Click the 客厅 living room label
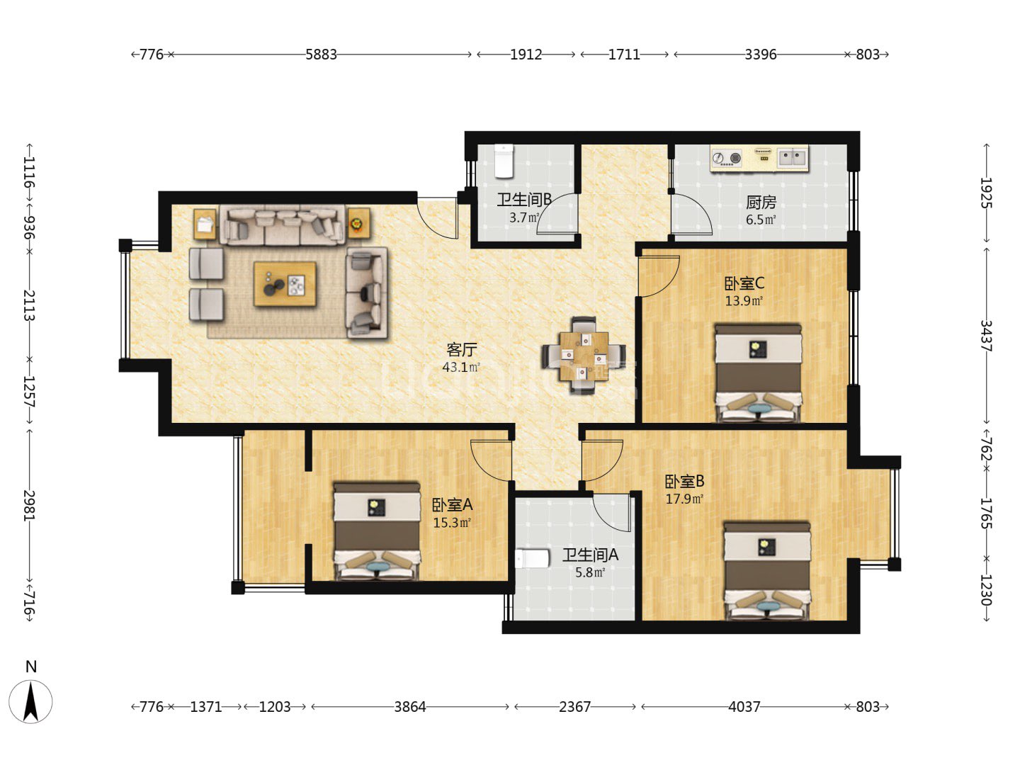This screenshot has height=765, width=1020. tap(461, 350)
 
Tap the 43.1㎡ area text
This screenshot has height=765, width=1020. tap(461, 368)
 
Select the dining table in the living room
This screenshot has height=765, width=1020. tap(584, 356)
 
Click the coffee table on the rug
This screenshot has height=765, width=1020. tap(285, 284)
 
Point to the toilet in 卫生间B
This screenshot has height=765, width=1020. tap(504, 161)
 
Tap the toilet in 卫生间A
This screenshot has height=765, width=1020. tap(533, 558)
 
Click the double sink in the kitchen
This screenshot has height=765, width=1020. tap(793, 157)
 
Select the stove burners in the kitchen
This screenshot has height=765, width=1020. tap(727, 158)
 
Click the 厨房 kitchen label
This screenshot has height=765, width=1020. tap(761, 203)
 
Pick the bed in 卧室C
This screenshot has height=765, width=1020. tap(759, 373)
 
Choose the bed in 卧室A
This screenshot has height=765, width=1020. tap(377, 531)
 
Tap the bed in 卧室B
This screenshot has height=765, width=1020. tap(767, 571)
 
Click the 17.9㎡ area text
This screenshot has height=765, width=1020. tap(684, 499)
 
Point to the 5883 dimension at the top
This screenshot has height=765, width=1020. tap(321, 55)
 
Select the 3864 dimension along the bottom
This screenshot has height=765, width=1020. tap(410, 707)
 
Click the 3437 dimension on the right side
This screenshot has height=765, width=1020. tap(986, 336)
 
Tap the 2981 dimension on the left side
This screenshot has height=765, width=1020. tap(29, 505)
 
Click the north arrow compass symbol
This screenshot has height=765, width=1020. tap(30, 701)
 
